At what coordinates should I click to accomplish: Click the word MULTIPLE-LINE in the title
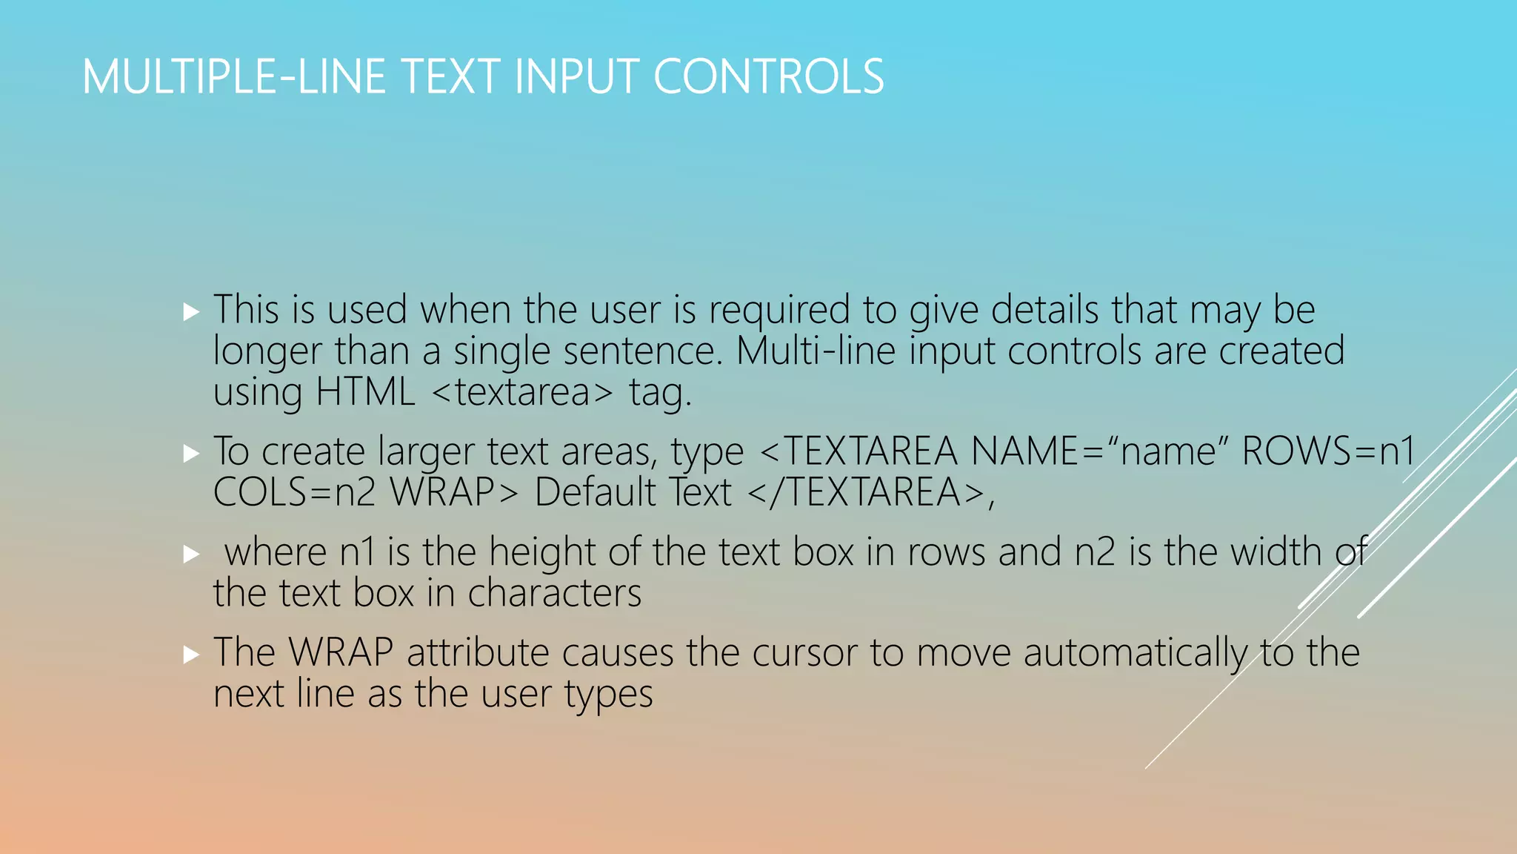point(233,76)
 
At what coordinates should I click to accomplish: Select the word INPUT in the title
point(574,76)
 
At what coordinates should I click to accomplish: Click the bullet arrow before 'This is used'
point(191,311)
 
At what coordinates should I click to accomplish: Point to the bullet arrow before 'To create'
point(191,453)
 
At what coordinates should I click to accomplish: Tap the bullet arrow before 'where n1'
point(191,554)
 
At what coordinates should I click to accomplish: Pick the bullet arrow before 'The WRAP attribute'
point(191,654)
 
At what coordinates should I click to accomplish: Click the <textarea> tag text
point(522,392)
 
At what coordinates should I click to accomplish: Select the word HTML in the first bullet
point(365,392)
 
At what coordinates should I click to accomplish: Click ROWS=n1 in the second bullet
point(1328,451)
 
